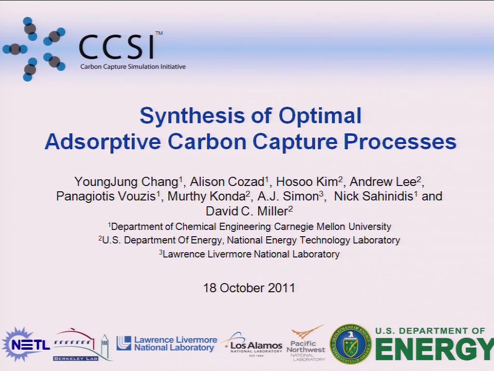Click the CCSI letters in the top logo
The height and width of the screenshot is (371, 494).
(117, 47)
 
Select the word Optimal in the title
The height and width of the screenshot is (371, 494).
(320, 116)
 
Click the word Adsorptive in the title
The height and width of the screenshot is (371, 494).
(103, 142)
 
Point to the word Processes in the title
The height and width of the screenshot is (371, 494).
(400, 142)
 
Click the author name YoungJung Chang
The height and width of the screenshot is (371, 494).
(126, 182)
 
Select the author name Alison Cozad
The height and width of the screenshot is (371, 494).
(227, 182)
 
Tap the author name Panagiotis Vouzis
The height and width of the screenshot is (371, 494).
(106, 197)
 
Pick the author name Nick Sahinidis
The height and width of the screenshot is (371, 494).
(374, 196)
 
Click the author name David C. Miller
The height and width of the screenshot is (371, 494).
(247, 211)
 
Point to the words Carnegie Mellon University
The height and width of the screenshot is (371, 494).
(332, 227)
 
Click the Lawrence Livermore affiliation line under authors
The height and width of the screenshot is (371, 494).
(249, 254)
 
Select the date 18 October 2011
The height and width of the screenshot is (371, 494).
(249, 288)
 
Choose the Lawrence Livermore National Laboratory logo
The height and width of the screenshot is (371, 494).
(167, 343)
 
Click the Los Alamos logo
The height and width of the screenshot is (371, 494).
(252, 345)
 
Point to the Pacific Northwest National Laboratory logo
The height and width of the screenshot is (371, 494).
(305, 344)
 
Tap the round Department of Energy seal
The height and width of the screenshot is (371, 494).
(350, 344)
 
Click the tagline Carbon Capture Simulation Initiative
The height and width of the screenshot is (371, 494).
(133, 67)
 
